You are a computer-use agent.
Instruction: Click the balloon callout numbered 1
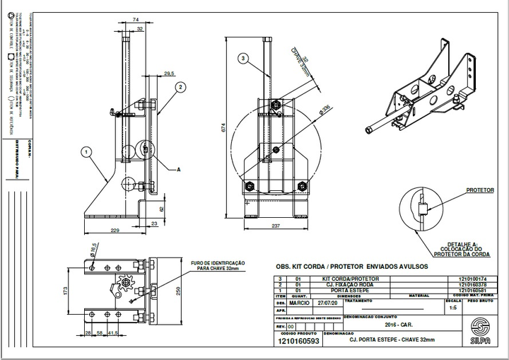point(86,151)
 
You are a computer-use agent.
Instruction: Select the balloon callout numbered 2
point(181,87)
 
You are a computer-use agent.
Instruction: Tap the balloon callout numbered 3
point(242,58)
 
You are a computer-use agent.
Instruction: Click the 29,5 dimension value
point(168,74)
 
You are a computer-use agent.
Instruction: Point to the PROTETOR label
point(480,190)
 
